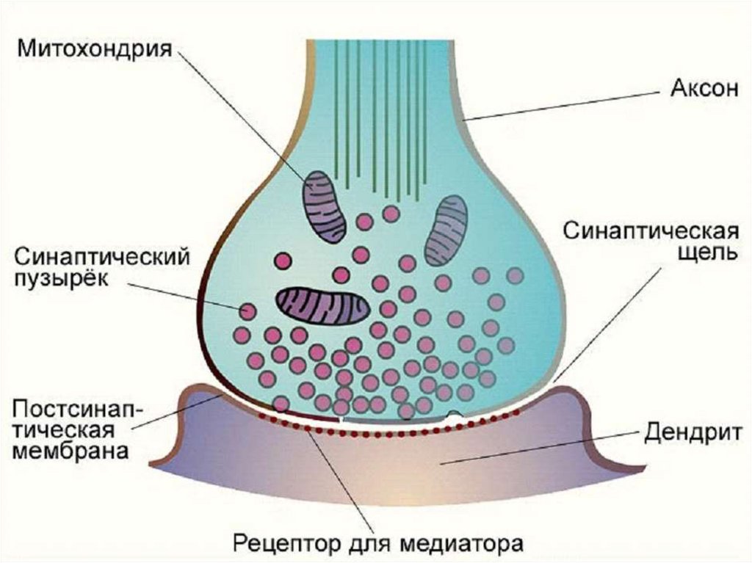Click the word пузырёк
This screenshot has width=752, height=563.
(61, 280)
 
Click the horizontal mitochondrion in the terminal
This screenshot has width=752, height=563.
(322, 305)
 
